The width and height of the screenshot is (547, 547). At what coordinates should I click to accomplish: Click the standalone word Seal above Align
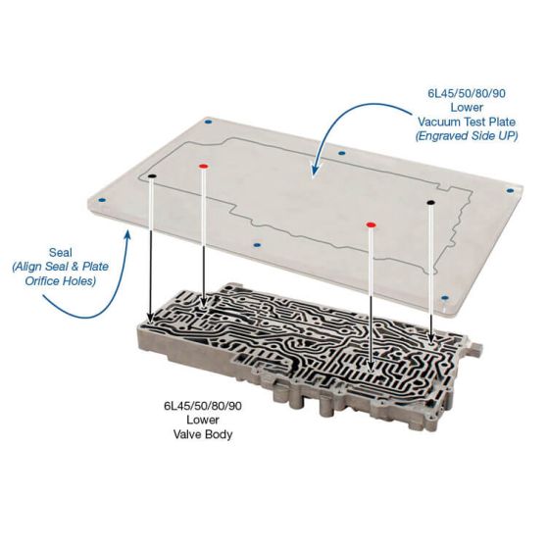pyautogui.click(x=61, y=252)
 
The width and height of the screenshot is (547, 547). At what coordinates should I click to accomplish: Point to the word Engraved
pyautogui.click(x=441, y=135)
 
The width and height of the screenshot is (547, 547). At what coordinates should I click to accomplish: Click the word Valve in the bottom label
pyautogui.click(x=186, y=434)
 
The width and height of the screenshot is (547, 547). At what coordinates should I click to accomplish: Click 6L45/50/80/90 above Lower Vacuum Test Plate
pyautogui.click(x=467, y=93)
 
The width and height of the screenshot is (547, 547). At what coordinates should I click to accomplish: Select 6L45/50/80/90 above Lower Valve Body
pyautogui.click(x=203, y=406)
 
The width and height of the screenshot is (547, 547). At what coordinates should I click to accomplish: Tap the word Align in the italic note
pyautogui.click(x=30, y=267)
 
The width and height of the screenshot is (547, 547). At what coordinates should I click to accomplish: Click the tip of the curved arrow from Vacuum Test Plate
pyautogui.click(x=314, y=174)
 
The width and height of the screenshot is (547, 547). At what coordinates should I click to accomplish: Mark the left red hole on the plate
pyautogui.click(x=203, y=167)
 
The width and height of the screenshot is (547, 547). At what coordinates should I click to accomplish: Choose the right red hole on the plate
pyautogui.click(x=371, y=224)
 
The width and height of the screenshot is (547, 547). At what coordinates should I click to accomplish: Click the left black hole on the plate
pyautogui.click(x=152, y=176)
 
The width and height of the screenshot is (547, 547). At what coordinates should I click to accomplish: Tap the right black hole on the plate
pyautogui.click(x=430, y=202)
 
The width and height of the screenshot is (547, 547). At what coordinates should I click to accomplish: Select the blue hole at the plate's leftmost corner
pyautogui.click(x=102, y=200)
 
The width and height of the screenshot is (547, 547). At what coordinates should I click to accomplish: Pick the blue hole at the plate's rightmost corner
pyautogui.click(x=510, y=191)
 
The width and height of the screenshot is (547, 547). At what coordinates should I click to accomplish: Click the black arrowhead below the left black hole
pyautogui.click(x=151, y=317)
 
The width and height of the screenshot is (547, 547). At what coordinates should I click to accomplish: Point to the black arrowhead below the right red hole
pyautogui.click(x=371, y=367)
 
